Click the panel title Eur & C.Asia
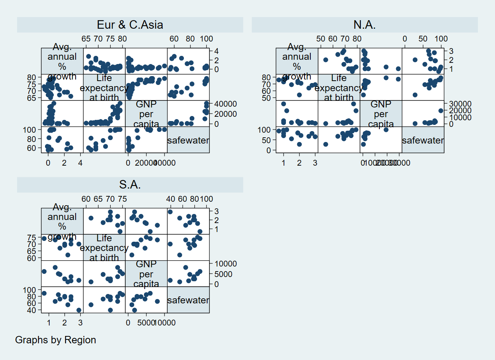[130, 25]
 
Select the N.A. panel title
[365, 25]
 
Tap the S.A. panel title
[130, 185]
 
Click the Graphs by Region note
[55, 340]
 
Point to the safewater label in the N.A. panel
[423, 140]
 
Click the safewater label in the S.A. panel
[188, 300]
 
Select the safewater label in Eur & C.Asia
[188, 140]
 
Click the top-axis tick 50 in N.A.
[320, 39]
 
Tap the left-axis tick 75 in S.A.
[32, 237]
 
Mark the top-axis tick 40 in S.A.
[171, 199]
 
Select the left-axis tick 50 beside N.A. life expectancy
[267, 98]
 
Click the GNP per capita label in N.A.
[381, 114]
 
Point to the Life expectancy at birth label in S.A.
[104, 248]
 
